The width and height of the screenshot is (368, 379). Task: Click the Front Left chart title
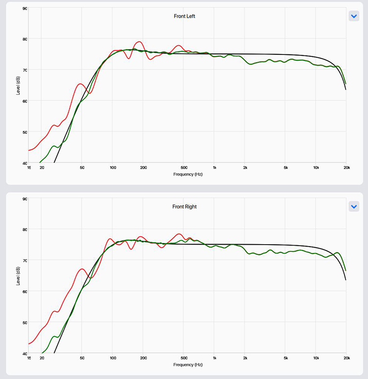point(185,16)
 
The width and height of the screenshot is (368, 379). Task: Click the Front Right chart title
point(184,206)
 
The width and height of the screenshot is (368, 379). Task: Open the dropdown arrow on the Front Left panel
point(354,16)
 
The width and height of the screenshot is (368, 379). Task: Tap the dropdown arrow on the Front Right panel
point(354,206)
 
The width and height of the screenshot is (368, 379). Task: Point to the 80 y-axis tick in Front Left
point(25,39)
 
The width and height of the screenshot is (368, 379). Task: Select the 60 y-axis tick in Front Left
point(25,101)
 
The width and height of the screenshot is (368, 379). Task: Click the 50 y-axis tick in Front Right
point(25,323)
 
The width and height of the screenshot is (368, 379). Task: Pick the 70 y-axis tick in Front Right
point(25,260)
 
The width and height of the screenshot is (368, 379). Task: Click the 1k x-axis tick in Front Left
point(214,168)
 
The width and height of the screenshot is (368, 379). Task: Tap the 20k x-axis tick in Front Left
point(346,168)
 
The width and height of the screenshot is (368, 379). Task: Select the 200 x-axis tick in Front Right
point(143,358)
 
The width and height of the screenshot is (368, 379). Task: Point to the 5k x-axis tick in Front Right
point(286,358)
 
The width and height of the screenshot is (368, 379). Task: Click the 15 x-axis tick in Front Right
point(29,358)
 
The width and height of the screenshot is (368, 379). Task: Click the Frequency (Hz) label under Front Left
point(187,174)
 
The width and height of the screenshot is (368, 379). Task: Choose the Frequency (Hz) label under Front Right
point(187,364)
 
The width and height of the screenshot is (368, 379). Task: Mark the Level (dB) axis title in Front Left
point(18,85)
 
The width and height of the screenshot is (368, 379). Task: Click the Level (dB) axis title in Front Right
point(18,276)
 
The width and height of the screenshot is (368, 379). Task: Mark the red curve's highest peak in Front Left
point(139,42)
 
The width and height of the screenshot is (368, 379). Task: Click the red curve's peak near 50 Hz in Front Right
point(82,269)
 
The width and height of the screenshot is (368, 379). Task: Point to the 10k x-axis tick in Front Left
point(316,168)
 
